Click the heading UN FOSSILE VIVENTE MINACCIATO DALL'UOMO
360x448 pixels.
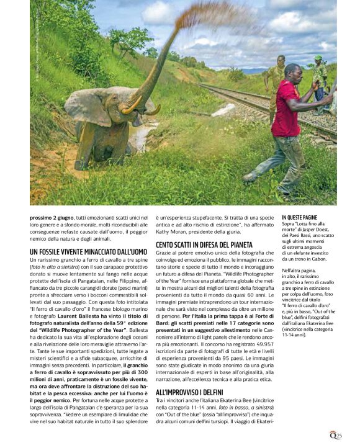point(88,251)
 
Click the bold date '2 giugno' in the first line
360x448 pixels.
point(61,218)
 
